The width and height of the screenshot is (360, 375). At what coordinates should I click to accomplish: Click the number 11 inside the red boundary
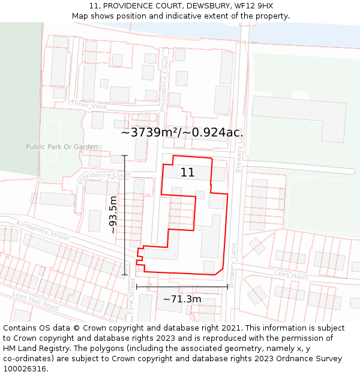187,172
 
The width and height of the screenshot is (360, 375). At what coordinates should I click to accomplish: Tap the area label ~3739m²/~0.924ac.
182,133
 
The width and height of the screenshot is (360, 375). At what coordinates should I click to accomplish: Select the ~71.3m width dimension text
182,299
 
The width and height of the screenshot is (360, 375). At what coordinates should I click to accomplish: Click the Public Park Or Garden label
62,146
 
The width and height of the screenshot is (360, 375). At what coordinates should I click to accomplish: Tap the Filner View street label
89,106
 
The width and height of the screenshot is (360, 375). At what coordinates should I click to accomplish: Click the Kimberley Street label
43,231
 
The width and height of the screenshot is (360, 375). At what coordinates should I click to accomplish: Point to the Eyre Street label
132,293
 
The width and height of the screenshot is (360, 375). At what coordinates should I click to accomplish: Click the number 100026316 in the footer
25,368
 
